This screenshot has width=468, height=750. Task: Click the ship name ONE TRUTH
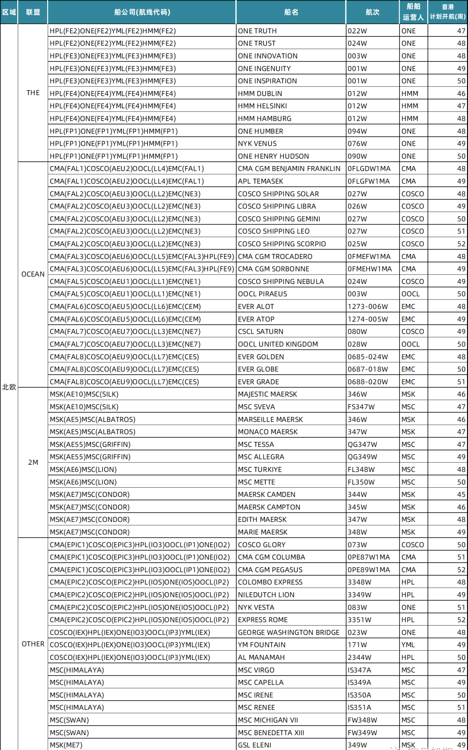click(x=257, y=31)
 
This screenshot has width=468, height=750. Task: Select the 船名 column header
click(x=291, y=12)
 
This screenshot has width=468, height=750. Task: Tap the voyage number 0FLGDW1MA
click(x=369, y=169)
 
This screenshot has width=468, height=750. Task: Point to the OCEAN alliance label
click(x=33, y=274)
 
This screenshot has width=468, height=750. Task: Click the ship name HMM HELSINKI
click(x=262, y=106)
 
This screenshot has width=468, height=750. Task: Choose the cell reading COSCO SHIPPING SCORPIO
click(x=282, y=244)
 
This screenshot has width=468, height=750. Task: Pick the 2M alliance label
click(x=33, y=462)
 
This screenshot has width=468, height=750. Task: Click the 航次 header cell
click(x=372, y=12)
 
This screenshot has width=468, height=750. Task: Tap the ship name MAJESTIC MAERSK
click(x=267, y=394)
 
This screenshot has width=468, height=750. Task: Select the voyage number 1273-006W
click(x=367, y=307)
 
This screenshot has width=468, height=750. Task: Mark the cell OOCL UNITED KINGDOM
click(x=278, y=344)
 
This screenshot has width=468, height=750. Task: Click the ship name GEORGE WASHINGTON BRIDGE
click(x=289, y=633)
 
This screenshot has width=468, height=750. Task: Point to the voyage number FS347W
click(x=361, y=407)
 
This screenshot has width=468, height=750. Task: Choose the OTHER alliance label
click(x=33, y=644)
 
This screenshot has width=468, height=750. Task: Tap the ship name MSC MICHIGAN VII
click(x=268, y=720)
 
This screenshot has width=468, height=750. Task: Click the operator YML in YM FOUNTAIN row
click(x=408, y=645)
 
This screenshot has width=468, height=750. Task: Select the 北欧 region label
click(x=9, y=387)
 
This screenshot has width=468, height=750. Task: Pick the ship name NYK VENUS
click(x=257, y=143)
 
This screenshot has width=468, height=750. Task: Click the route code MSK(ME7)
click(x=66, y=745)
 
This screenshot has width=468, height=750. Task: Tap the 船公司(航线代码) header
click(x=142, y=12)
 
